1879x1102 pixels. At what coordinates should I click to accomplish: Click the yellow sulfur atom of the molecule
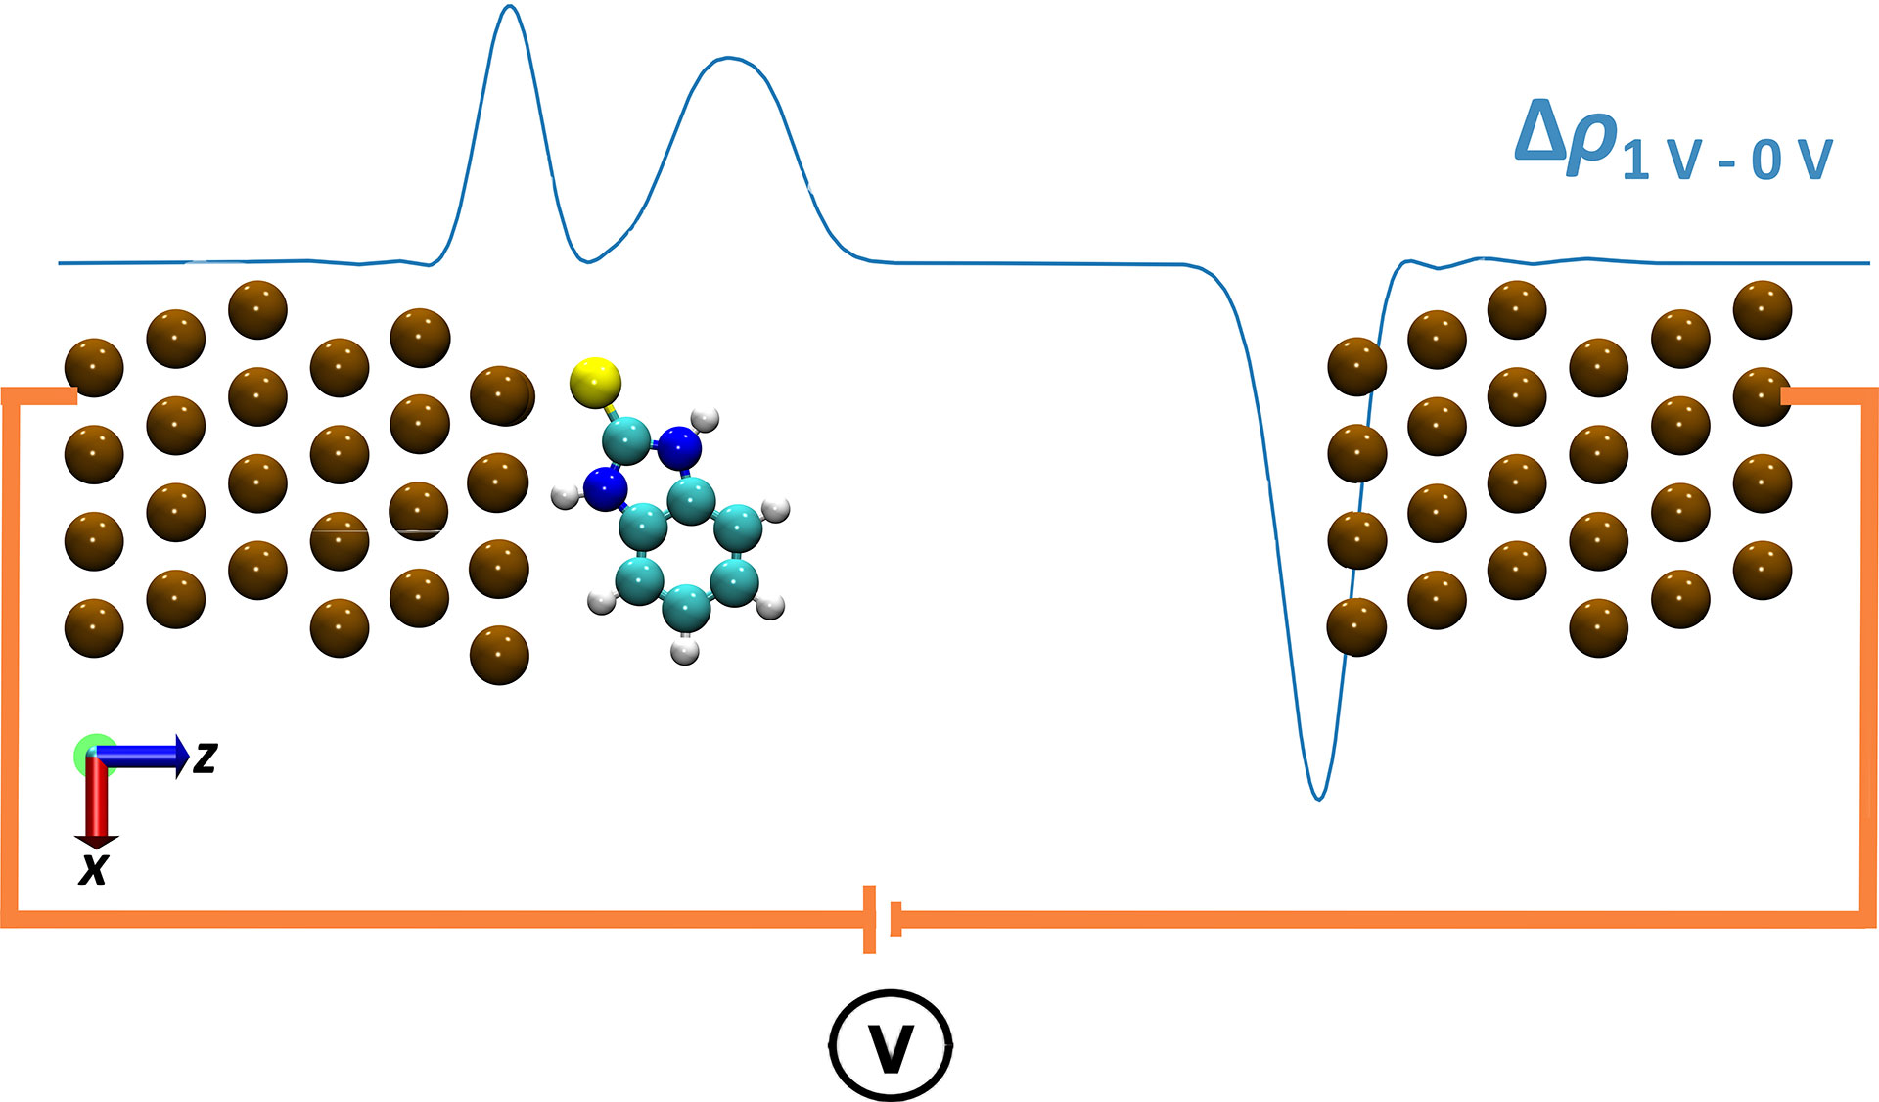pos(595,382)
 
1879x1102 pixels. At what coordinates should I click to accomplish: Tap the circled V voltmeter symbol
pos(891,1046)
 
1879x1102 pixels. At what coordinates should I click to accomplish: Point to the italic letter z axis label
pos(205,758)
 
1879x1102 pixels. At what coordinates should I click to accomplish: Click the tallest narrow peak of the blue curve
pos(509,10)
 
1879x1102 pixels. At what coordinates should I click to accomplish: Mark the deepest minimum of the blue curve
pos(1319,797)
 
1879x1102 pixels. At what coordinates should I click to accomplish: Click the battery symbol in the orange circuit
pos(881,919)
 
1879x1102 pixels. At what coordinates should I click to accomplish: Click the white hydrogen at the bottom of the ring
pos(686,650)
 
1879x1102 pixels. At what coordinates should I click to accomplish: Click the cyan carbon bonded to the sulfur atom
pos(627,436)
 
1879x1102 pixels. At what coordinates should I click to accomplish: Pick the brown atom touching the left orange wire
pos(94,368)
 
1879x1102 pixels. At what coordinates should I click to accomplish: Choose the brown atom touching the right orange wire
pos(1762,396)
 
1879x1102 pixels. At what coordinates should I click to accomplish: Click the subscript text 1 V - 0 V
pos(1727,160)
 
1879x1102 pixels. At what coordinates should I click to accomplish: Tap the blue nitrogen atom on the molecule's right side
pos(678,448)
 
